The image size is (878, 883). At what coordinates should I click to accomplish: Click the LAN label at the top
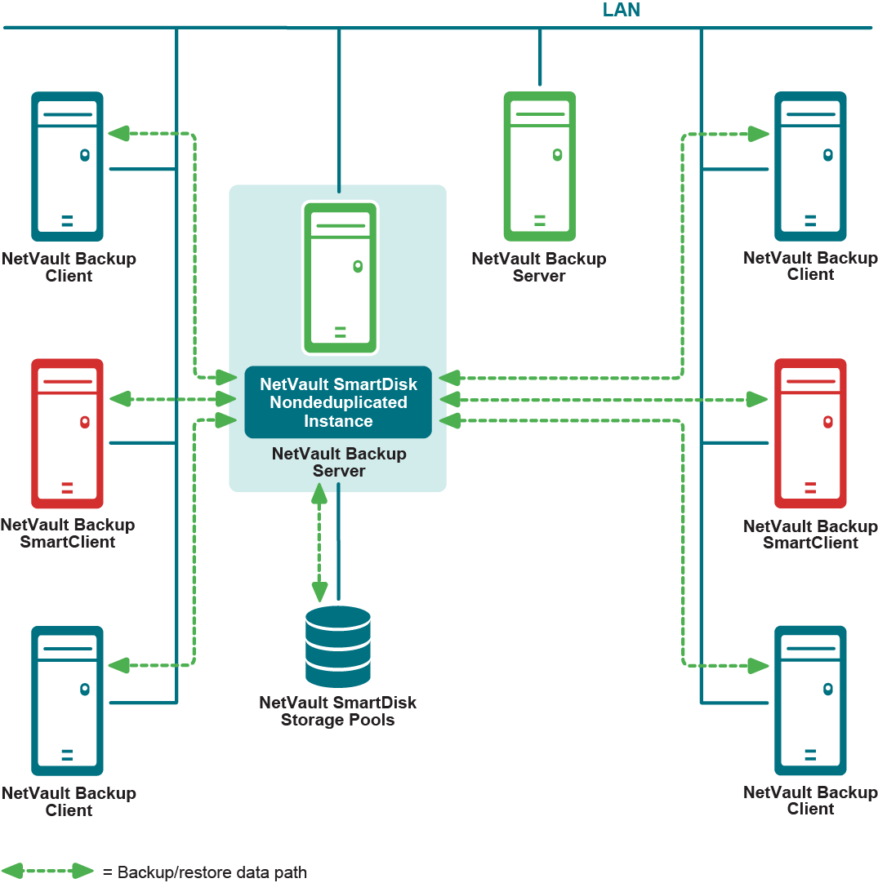coord(621,11)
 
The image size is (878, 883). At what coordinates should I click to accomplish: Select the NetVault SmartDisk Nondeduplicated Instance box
coord(338,402)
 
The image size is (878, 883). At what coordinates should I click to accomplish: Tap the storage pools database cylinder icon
coord(337,646)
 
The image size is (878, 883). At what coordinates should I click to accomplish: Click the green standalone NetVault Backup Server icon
coord(539,166)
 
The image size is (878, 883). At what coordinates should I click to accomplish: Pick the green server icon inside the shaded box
coord(340,278)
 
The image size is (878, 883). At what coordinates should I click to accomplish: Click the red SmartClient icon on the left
coord(67,433)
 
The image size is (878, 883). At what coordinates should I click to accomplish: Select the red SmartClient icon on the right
coord(810,433)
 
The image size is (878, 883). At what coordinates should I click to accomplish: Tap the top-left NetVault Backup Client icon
coord(67,166)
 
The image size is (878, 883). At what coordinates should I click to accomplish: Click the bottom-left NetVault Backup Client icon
coord(67,700)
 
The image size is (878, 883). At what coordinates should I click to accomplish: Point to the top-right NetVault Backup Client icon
coord(810,166)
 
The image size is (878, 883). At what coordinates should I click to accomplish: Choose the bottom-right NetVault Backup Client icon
coord(810,700)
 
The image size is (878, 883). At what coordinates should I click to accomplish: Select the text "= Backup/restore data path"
coord(205,872)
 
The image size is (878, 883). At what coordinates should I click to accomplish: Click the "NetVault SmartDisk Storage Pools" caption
coord(337,712)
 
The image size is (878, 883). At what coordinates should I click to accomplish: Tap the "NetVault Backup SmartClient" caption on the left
coord(68,534)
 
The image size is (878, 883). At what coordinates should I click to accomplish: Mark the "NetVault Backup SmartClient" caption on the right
coord(810,535)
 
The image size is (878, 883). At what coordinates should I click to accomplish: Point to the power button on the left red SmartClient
coord(84,422)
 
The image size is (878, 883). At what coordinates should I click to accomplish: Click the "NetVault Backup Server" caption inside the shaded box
coord(339,463)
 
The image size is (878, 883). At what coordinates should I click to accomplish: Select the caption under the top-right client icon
coord(810,267)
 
